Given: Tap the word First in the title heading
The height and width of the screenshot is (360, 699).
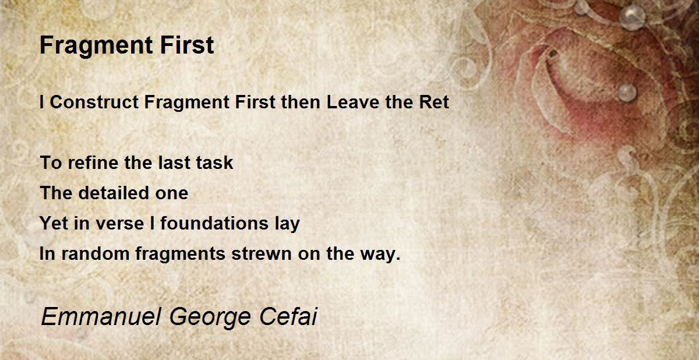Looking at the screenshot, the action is [187, 45].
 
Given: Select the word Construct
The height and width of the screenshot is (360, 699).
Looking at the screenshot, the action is [94, 102].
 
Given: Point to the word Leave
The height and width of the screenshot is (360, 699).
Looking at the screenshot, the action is [353, 102].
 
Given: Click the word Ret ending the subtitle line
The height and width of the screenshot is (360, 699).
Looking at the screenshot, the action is [434, 102].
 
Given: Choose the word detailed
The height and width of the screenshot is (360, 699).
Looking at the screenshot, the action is [114, 193].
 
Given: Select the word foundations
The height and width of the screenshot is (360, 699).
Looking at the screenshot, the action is [214, 223].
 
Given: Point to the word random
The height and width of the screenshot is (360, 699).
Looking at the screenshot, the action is [95, 253].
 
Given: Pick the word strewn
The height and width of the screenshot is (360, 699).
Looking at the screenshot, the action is [262, 254].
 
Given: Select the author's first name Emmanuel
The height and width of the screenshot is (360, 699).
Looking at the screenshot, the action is [101, 316].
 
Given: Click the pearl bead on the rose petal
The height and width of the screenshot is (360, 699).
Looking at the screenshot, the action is [627, 93].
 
